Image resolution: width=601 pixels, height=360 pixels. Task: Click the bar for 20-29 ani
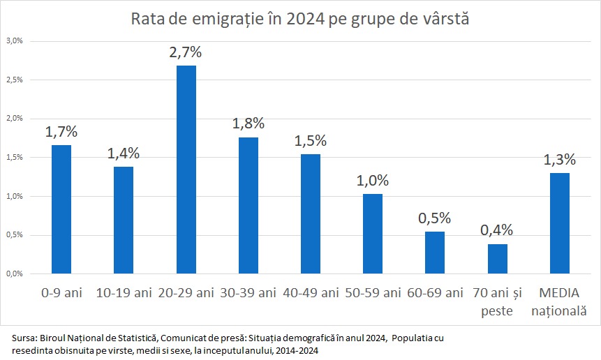(186, 169)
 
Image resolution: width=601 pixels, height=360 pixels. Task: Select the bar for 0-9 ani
(61, 209)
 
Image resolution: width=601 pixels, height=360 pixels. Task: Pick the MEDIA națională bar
(559, 223)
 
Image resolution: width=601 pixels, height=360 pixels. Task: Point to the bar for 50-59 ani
(373, 233)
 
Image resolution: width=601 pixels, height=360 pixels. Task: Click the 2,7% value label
(186, 52)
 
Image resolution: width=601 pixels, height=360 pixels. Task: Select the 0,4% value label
(496, 230)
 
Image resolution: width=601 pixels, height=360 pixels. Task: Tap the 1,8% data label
(248, 123)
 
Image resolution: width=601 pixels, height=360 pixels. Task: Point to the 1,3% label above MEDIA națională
(560, 159)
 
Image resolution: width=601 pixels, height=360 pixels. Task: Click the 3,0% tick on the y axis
(15, 40)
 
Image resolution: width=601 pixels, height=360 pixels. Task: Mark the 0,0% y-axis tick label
(15, 273)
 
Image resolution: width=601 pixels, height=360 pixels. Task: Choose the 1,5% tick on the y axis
(15, 157)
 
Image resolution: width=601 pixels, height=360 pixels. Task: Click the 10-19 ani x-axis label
(124, 292)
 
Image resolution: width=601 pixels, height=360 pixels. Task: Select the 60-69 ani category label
(435, 292)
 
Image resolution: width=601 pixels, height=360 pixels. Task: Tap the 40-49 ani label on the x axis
(311, 292)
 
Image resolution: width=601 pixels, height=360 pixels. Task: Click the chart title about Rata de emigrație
(300, 19)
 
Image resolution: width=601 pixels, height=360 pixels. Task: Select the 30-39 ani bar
(248, 205)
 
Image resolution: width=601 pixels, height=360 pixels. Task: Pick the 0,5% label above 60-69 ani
(435, 218)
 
